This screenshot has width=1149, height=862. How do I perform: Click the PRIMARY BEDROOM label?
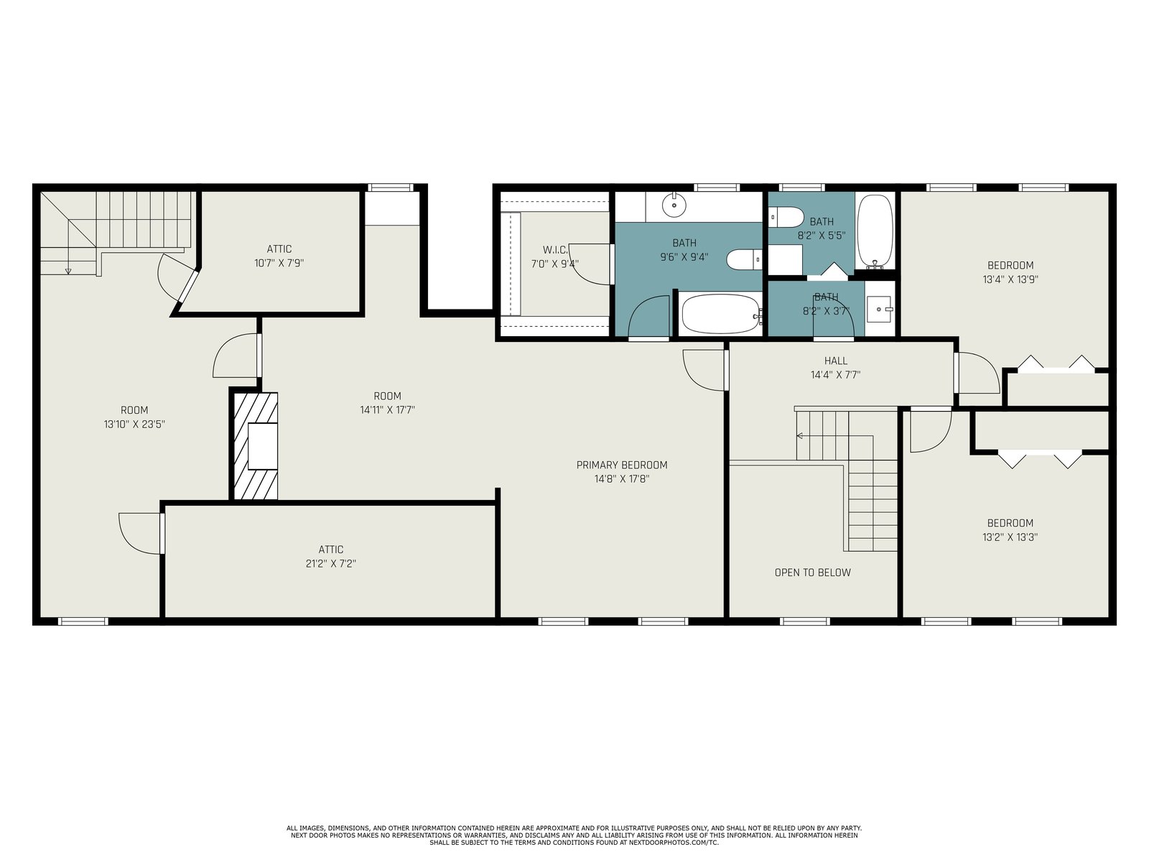tap(621, 465)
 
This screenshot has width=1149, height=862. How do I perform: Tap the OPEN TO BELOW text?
tap(812, 573)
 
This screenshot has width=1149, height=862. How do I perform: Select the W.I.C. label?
tap(555, 250)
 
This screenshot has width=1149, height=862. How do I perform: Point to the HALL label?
tap(835, 361)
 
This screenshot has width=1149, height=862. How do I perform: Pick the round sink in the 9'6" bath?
tap(674, 205)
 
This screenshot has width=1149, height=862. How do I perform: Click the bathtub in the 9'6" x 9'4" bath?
tap(722, 313)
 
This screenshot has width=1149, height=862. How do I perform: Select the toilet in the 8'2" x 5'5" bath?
tap(786, 217)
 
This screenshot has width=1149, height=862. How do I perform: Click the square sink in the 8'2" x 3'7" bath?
tap(879, 310)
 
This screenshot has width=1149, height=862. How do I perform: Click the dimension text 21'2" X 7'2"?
tap(331, 564)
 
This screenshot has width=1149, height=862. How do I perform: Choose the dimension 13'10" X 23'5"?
tap(134, 424)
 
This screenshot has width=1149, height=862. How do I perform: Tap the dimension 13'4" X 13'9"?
tap(1010, 279)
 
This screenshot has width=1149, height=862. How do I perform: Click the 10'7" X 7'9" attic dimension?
tap(279, 263)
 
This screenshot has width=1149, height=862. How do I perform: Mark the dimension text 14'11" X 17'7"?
tap(387, 409)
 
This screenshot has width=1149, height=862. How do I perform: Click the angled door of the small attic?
tap(189, 286)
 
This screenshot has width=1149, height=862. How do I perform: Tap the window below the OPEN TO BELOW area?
tap(804, 621)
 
